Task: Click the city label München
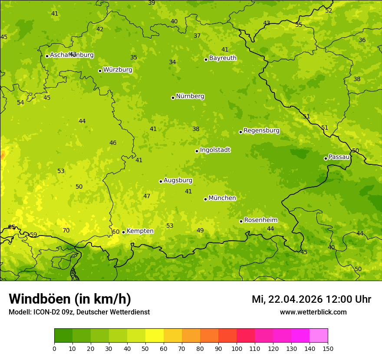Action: (222, 198)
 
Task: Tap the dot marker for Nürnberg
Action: (173, 98)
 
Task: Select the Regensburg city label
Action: (261, 131)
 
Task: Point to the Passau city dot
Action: (326, 158)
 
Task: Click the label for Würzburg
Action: (118, 70)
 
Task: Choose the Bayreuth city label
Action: (223, 58)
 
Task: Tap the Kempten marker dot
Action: (123, 232)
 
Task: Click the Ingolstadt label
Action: (215, 150)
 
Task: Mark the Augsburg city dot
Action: (161, 181)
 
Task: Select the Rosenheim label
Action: (260, 220)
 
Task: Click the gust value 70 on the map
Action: (66, 230)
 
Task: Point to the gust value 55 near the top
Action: (299, 25)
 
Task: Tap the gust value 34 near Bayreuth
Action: (172, 62)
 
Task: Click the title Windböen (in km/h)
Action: (70, 299)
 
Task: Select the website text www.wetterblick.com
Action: (313, 312)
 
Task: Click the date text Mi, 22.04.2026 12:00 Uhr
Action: (311, 299)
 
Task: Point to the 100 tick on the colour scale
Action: (237, 348)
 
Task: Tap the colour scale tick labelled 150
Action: (328, 348)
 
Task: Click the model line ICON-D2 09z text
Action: (79, 312)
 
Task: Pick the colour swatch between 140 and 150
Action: (319, 335)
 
